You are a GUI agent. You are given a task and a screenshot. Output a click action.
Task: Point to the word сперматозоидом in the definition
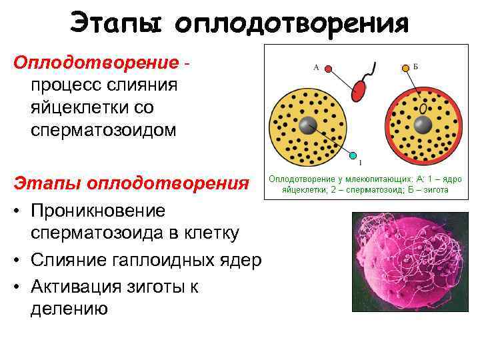click(103, 129)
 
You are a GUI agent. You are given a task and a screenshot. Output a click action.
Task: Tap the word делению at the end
click(68, 308)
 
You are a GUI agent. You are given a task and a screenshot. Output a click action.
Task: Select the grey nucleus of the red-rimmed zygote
click(422, 124)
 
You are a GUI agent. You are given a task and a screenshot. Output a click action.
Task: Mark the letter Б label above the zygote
click(415, 67)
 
